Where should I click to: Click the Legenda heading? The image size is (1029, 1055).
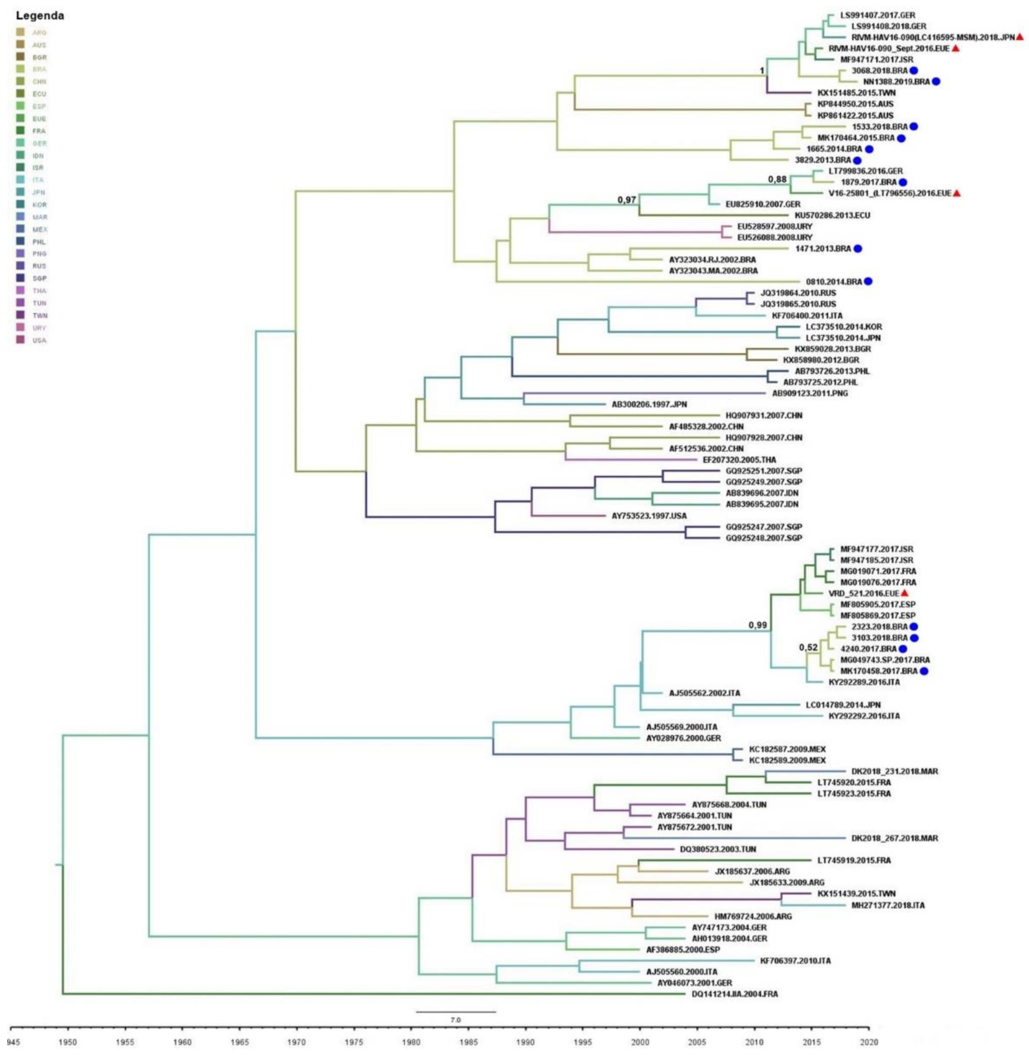click(40, 16)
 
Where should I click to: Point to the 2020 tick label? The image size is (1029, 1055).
click(869, 1041)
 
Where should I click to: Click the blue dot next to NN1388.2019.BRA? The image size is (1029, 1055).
click(936, 82)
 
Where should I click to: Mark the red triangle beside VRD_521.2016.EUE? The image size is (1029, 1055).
click(904, 593)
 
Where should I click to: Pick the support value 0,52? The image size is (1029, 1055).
click(808, 647)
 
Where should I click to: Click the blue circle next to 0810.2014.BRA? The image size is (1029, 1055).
click(868, 281)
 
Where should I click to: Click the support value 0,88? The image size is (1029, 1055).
click(777, 179)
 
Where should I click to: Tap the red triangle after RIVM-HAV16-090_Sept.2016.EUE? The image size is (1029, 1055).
click(956, 48)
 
